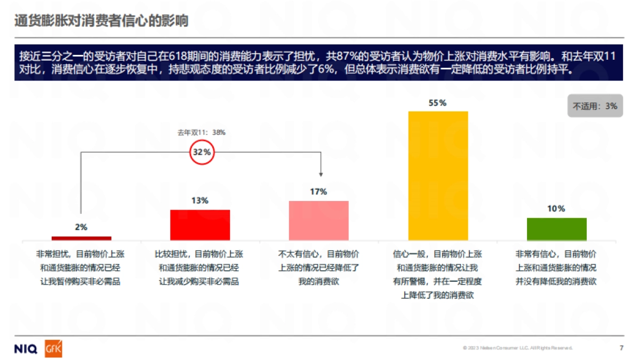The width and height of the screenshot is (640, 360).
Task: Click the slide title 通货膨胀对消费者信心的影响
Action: [101, 21]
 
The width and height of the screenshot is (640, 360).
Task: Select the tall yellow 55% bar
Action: [438, 175]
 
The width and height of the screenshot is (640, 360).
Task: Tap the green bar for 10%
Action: [556, 229]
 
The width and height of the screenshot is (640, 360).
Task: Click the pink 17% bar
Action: [318, 220]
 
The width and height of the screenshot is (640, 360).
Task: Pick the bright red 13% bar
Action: [200, 225]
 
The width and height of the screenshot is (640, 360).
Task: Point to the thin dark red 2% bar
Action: [82, 238]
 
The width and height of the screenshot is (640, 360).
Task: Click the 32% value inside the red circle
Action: [202, 152]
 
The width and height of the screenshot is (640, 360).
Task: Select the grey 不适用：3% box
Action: [595, 106]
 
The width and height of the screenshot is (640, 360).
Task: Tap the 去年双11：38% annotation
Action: [202, 132]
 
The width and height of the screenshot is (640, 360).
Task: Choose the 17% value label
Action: [318, 192]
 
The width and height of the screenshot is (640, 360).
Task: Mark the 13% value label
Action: [200, 201]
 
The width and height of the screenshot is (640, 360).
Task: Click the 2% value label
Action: [81, 227]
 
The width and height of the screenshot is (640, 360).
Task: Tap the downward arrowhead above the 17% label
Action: [321, 173]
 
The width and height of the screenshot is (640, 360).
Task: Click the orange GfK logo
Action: [53, 349]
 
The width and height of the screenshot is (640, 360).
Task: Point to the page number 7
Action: [621, 348]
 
